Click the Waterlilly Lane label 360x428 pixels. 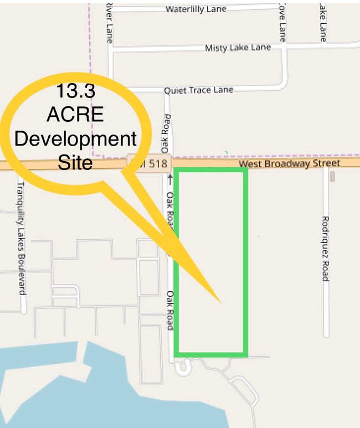tap(196, 9)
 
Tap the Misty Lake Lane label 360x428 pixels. tap(238, 48)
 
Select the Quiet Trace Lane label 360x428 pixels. tap(198, 90)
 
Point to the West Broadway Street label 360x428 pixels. tap(289, 164)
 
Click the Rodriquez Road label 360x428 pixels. tap(326, 248)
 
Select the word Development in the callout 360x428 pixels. tap(75, 139)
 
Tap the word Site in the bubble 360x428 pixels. tap(75, 163)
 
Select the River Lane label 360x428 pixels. tap(109, 22)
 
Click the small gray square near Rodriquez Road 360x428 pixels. tap(332, 177)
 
